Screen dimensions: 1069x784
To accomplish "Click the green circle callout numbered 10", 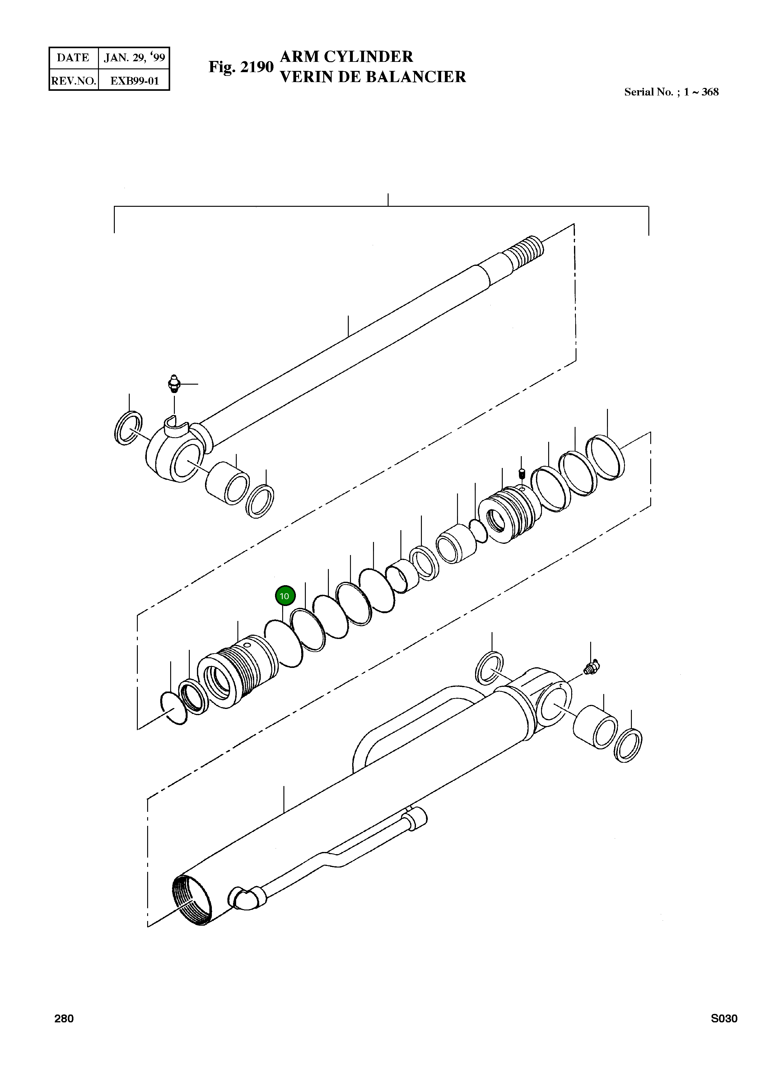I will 285,596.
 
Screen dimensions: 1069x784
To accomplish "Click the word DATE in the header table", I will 73,58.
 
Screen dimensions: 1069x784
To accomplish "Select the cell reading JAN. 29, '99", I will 134,58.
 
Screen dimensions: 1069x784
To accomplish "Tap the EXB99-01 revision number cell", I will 134,81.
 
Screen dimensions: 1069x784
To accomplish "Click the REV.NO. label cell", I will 73,81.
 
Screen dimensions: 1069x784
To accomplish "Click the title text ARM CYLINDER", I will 347,57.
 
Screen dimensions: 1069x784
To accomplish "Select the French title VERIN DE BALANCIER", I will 373,76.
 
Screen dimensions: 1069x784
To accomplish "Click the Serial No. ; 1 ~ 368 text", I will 671,92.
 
